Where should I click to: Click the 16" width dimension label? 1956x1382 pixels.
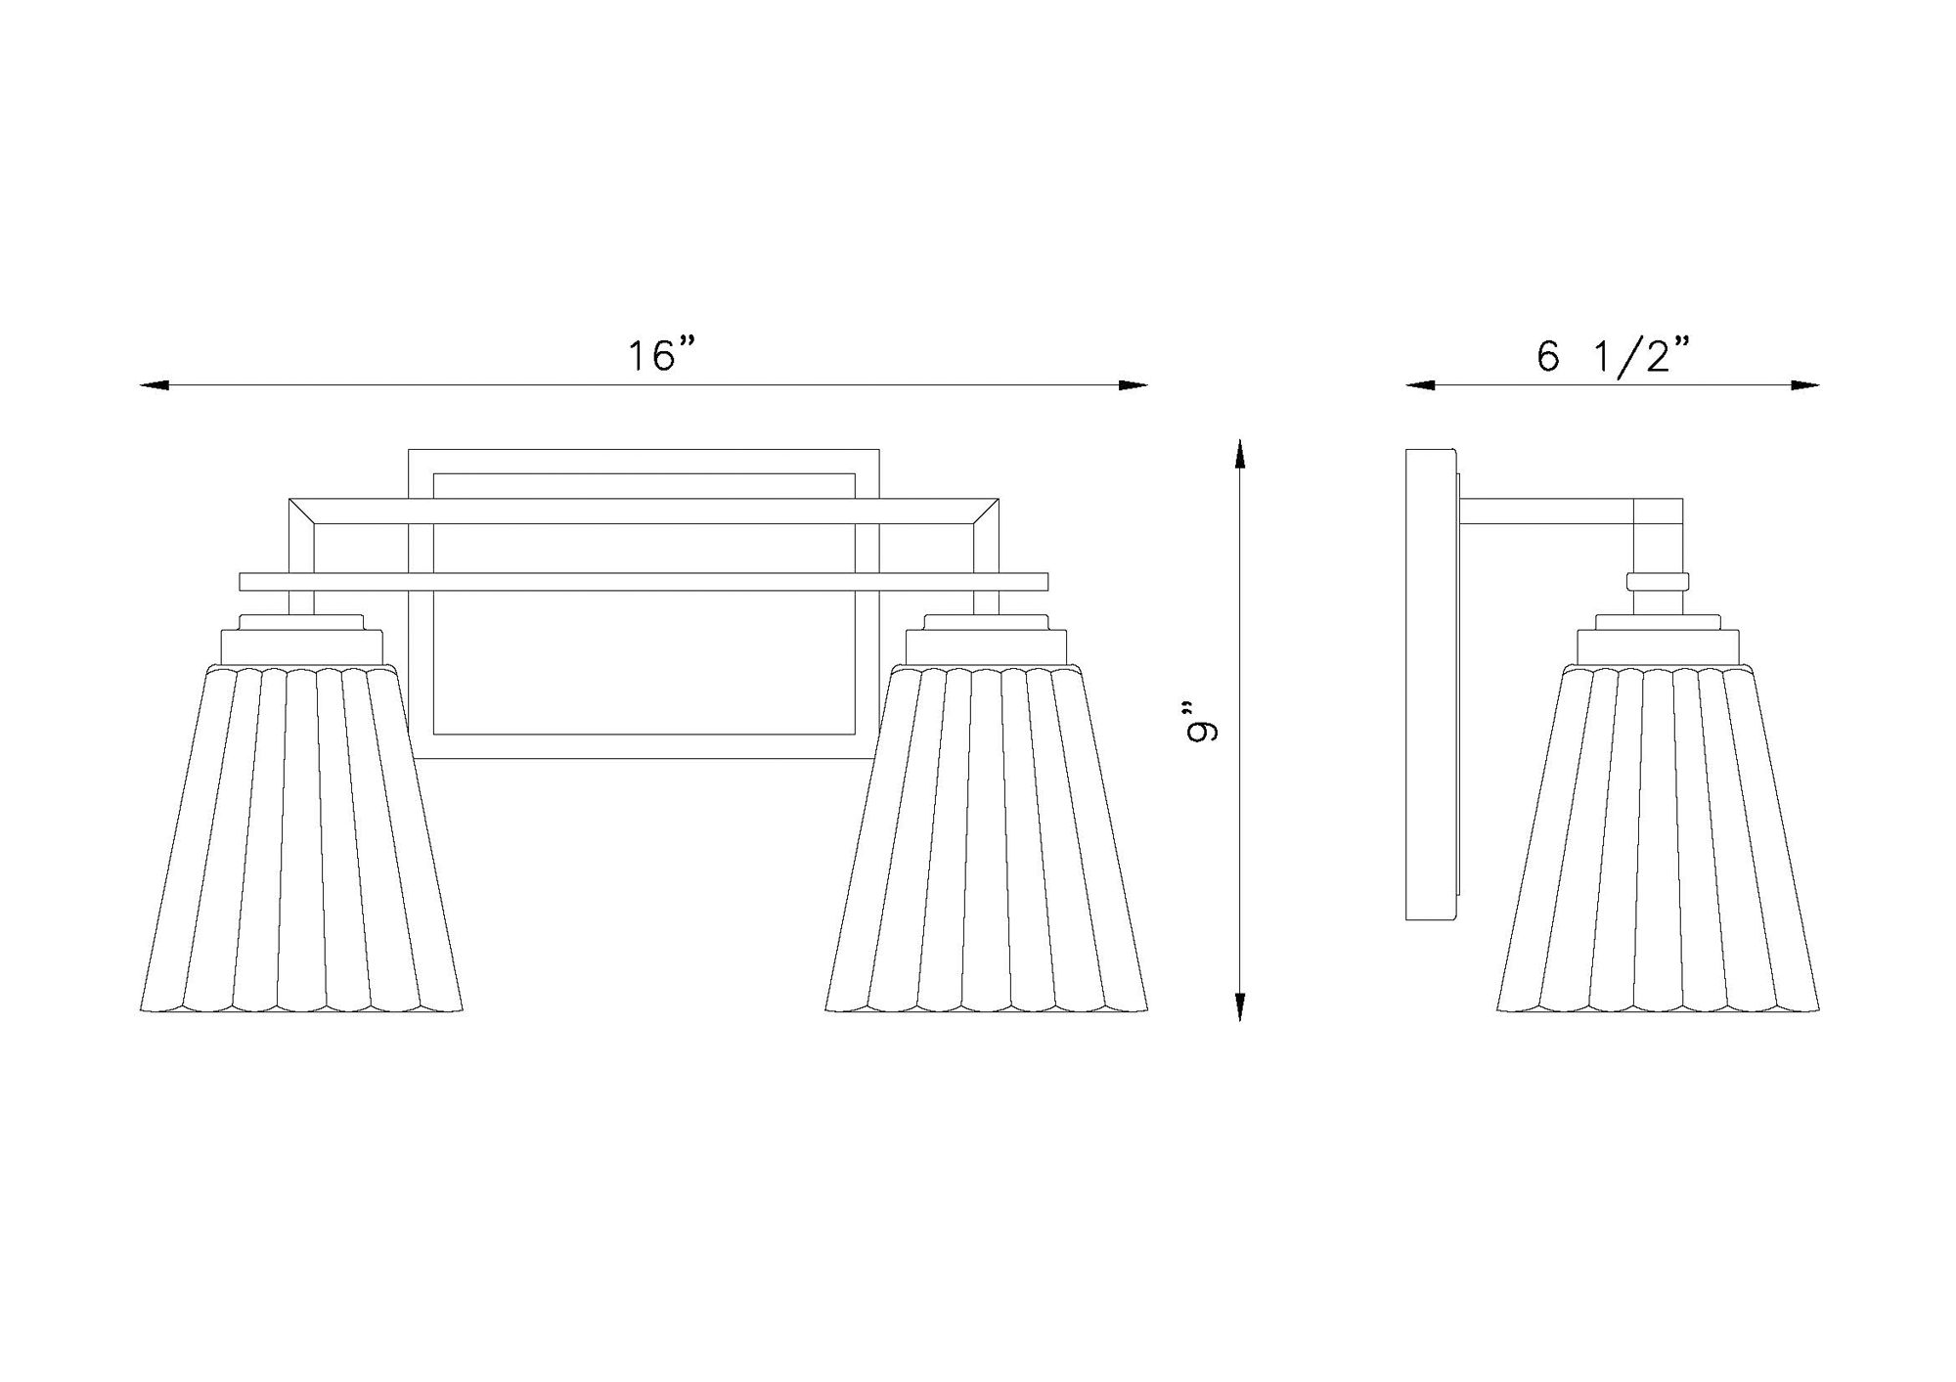coord(664,356)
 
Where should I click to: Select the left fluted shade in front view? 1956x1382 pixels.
coord(301,841)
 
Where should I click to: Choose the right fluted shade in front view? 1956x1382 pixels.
coord(987,841)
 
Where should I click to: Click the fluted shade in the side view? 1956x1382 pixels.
coord(1658,841)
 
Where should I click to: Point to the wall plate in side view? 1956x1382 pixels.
coord(1430,685)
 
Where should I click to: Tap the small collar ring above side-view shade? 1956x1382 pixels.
coord(1658,582)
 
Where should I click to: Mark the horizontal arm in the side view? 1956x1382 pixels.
coord(1545,512)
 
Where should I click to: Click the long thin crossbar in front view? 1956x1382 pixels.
coord(644,582)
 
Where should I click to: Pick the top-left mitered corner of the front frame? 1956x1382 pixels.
coord(301,512)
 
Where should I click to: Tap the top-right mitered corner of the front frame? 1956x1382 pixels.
coord(986,512)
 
